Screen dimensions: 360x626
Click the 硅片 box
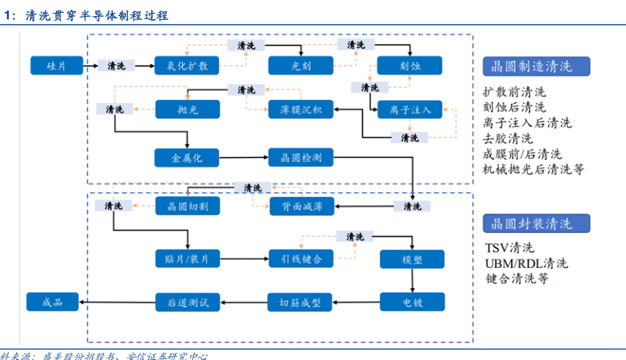point(58,66)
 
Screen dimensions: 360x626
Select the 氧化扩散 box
point(186,66)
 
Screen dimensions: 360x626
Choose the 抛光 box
point(186,109)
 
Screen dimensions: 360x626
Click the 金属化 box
point(186,158)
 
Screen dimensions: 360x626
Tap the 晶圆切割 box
point(186,206)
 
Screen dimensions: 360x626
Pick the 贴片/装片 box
point(186,258)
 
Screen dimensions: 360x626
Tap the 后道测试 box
point(186,302)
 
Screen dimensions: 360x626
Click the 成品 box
point(58,302)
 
